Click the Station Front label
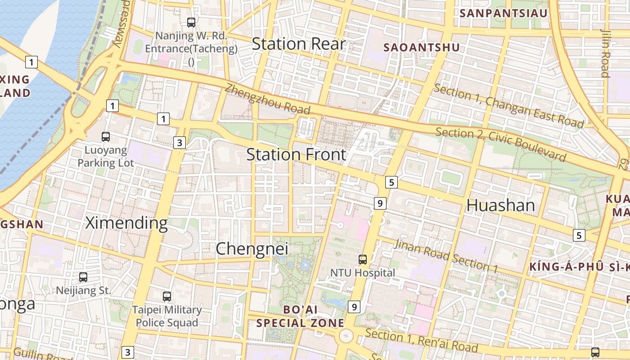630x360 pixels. [x=296, y=154]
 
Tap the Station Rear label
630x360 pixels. [x=298, y=44]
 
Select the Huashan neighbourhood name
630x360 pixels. [x=500, y=205]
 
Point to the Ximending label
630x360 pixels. [x=126, y=223]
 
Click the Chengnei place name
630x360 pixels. [x=252, y=249]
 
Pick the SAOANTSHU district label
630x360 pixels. [x=421, y=47]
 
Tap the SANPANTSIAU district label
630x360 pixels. [x=503, y=13]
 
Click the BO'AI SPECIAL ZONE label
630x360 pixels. [x=300, y=316]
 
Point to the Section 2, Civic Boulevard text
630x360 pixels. [x=500, y=144]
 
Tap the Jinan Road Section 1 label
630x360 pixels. [x=445, y=256]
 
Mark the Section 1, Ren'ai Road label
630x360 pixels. [x=421, y=340]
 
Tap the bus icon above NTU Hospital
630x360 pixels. [x=363, y=259]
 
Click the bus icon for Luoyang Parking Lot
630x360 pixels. [x=106, y=136]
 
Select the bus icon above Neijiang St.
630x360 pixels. [x=83, y=277]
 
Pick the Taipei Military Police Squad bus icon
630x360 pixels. [x=167, y=296]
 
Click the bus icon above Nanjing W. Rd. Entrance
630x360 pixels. [x=191, y=22]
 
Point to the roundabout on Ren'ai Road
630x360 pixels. [x=346, y=336]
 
